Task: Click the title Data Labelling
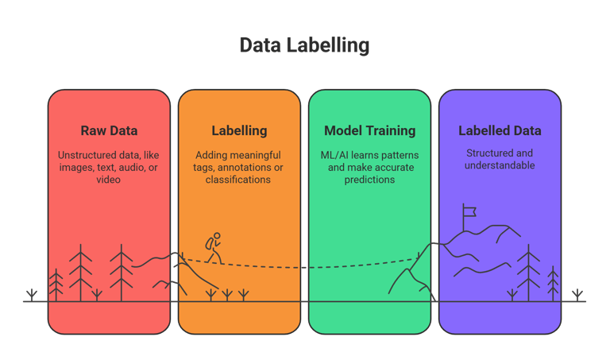pyautogui.click(x=304, y=46)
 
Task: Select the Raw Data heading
pyautogui.click(x=109, y=130)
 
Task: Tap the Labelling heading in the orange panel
pyautogui.click(x=239, y=130)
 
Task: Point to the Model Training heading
pyautogui.click(x=369, y=130)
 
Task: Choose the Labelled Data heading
pyautogui.click(x=500, y=130)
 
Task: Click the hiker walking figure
pyautogui.click(x=213, y=248)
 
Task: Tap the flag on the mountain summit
pyautogui.click(x=469, y=212)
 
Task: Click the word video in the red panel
pyautogui.click(x=109, y=180)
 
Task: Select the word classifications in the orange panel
pyautogui.click(x=239, y=180)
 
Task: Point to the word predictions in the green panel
pyautogui.click(x=369, y=180)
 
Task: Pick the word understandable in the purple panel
pyautogui.click(x=500, y=166)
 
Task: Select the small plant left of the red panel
pyautogui.click(x=31, y=295)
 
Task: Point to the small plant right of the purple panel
pyautogui.click(x=575, y=294)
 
